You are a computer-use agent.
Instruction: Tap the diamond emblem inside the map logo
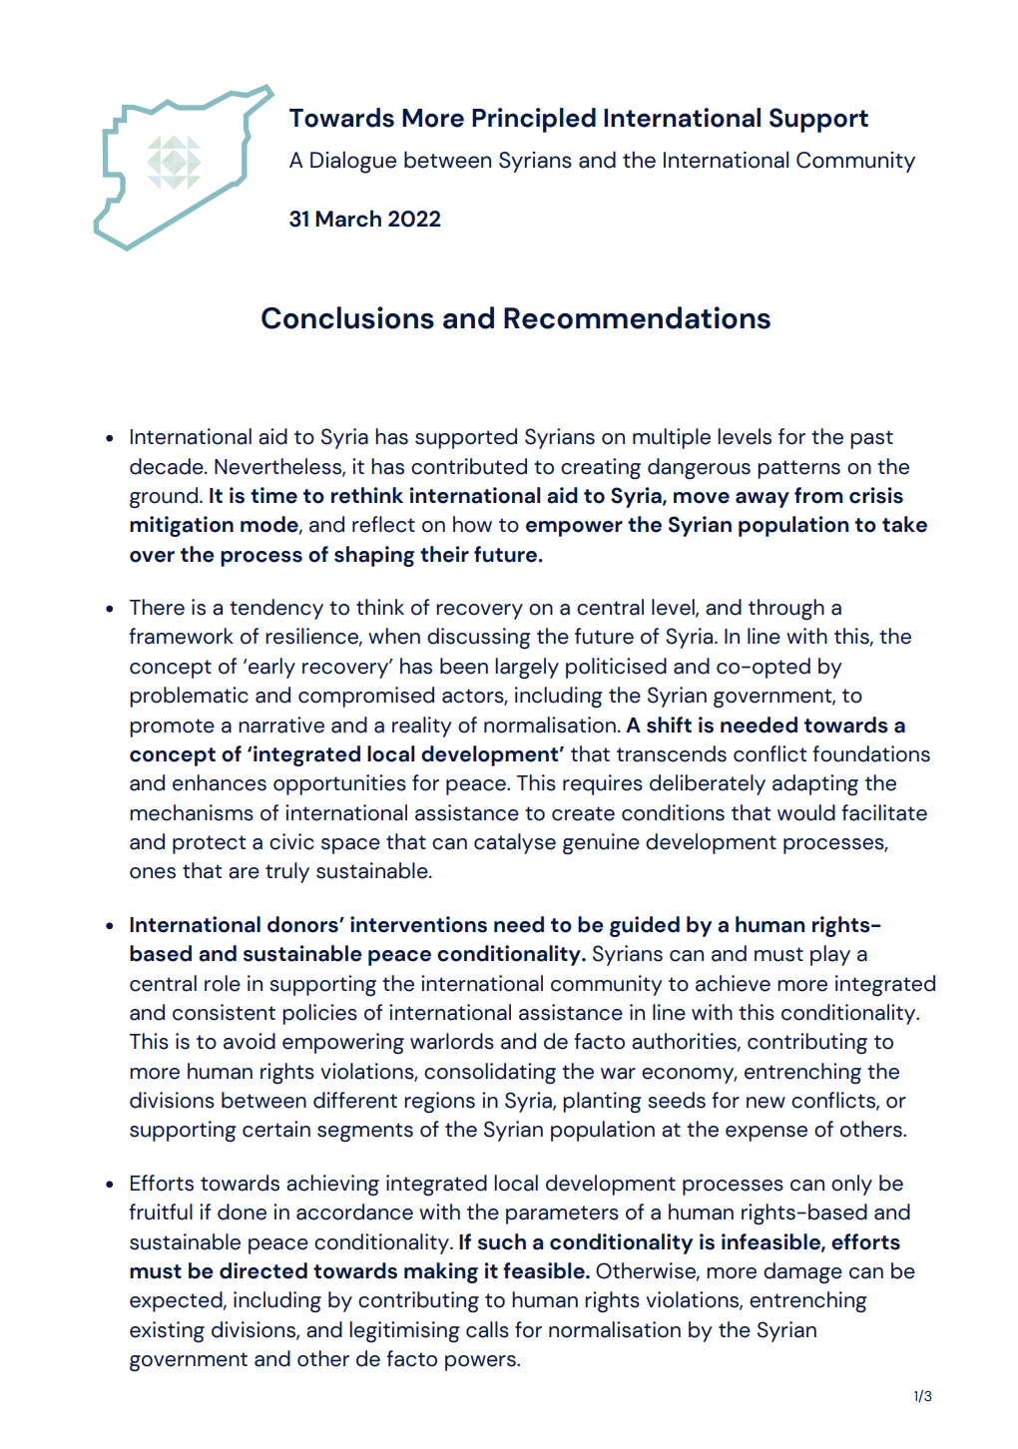point(175,162)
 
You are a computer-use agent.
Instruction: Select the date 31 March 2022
point(365,220)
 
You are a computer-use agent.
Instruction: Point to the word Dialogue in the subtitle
point(353,161)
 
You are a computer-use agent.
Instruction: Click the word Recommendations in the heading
point(637,318)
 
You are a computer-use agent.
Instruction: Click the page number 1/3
point(922,1396)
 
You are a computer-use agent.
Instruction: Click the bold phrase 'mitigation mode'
point(214,525)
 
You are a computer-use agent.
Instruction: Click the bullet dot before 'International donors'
point(110,926)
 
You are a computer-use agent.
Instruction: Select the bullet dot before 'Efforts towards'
point(110,1185)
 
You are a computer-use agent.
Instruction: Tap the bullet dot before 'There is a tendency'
point(110,609)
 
